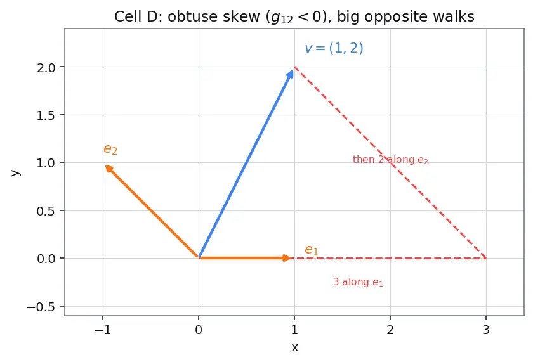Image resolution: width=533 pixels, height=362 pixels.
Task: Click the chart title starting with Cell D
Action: (x=294, y=16)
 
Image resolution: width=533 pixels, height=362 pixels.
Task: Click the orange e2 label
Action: (x=110, y=150)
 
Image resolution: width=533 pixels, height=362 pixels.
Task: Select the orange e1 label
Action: (x=312, y=250)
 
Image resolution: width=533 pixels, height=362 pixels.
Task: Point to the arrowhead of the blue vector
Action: (x=291, y=74)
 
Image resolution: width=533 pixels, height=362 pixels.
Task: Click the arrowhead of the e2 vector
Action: (x=109, y=169)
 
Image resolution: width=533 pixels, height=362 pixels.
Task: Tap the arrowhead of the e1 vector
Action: (x=287, y=258)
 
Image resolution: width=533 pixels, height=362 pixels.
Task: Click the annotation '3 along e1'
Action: (x=358, y=282)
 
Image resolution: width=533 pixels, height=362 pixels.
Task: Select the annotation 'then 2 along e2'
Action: (x=390, y=160)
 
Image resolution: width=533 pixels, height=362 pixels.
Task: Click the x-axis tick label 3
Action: (x=486, y=330)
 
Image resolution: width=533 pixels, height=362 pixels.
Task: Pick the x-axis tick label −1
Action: (x=103, y=330)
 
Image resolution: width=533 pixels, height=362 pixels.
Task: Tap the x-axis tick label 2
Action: (x=390, y=330)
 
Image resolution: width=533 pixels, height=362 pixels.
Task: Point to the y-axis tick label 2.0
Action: (x=46, y=68)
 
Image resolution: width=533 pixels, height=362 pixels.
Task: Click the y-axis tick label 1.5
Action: (x=46, y=116)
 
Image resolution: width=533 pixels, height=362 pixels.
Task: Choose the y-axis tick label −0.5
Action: (x=41, y=307)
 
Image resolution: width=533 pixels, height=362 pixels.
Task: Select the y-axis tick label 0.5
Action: (x=46, y=212)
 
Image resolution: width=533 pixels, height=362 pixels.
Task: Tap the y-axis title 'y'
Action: (x=15, y=172)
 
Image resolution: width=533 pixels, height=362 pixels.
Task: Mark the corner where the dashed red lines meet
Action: (x=486, y=258)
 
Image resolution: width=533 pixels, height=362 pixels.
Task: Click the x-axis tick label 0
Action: (x=199, y=330)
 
